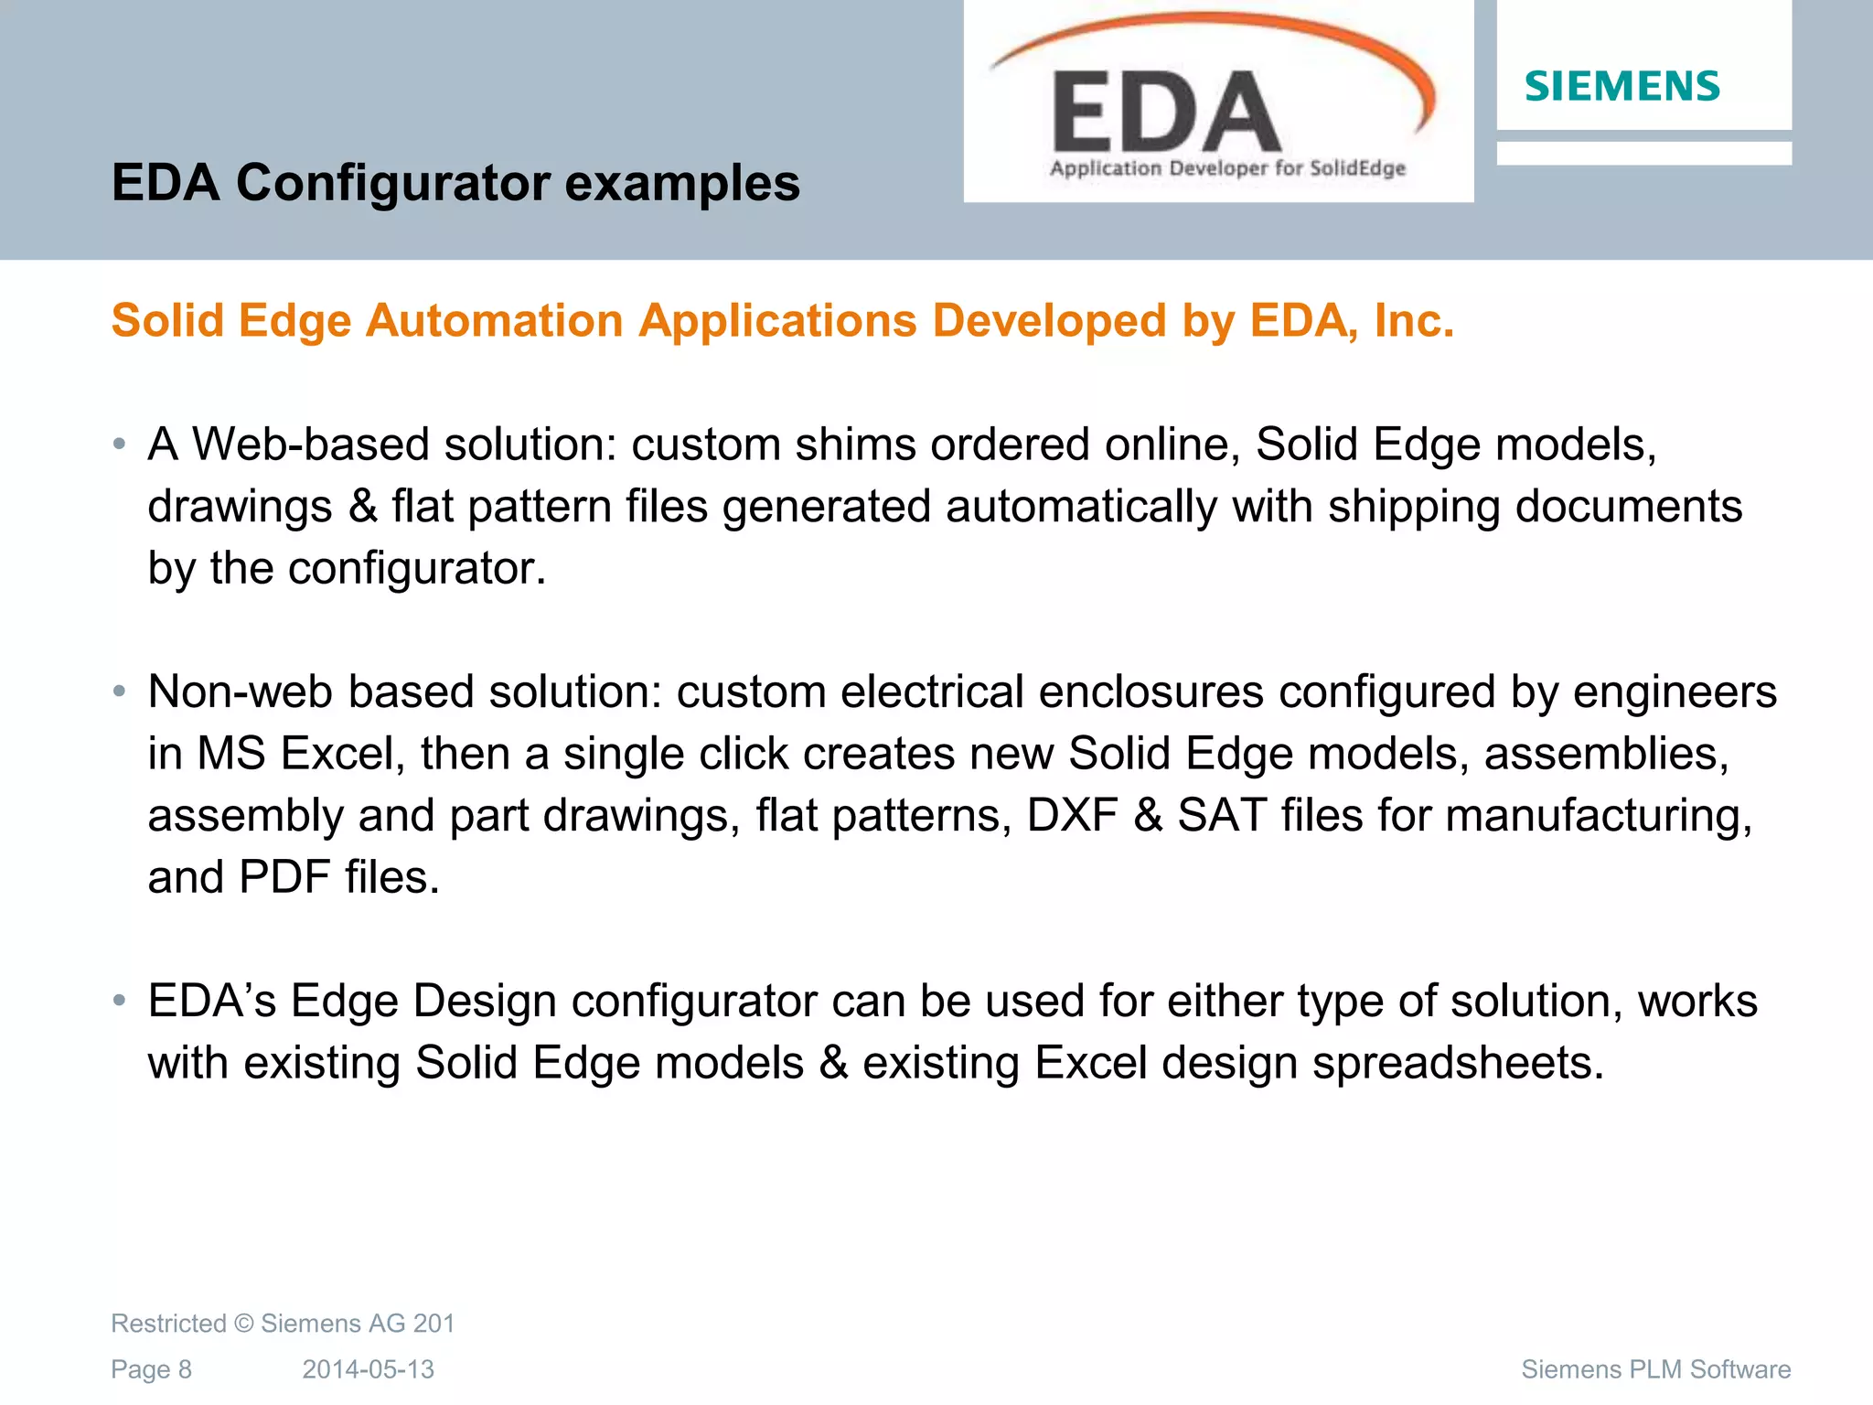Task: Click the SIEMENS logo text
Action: (x=1621, y=87)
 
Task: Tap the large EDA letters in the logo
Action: (x=1166, y=113)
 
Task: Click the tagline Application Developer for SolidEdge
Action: (x=1227, y=168)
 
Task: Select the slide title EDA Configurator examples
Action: (x=455, y=182)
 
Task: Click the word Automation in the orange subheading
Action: (x=495, y=321)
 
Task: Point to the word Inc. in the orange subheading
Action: (x=1414, y=321)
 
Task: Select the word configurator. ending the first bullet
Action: (x=417, y=569)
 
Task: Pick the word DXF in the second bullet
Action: (x=1072, y=815)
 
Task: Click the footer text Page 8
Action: (x=151, y=1369)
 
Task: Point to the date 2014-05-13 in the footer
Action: (x=368, y=1369)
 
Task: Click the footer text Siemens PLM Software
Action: (x=1655, y=1369)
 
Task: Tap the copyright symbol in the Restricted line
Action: (x=243, y=1324)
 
